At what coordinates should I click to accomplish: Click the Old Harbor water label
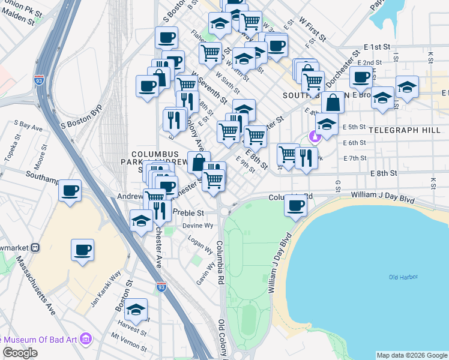point(402,277)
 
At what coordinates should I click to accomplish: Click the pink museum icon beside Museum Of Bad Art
point(85,340)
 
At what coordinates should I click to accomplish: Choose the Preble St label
point(188,212)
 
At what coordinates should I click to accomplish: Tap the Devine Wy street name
point(198,226)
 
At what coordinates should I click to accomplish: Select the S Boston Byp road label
point(82,116)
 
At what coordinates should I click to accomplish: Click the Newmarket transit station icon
point(35,247)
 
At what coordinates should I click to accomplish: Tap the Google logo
point(20,353)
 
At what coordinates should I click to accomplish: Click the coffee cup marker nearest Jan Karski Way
point(82,249)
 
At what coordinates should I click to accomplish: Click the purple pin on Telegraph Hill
point(313,137)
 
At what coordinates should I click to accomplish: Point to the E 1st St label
point(377,47)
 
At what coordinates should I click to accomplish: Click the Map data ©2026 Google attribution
point(412,355)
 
